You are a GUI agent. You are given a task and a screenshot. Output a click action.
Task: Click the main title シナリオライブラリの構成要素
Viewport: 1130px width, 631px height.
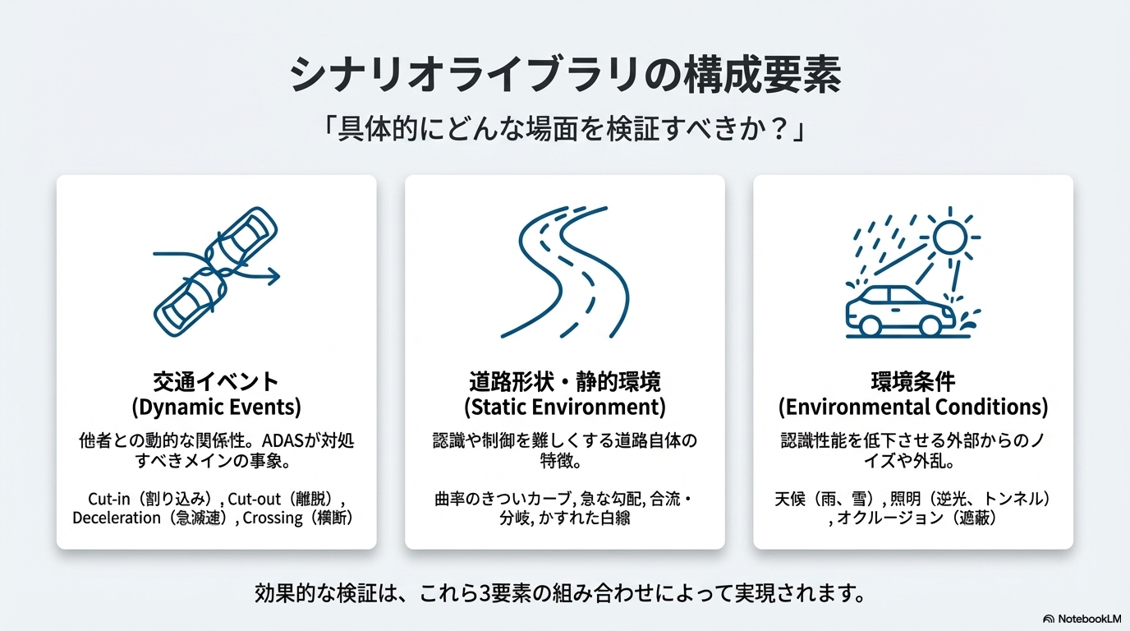(565, 75)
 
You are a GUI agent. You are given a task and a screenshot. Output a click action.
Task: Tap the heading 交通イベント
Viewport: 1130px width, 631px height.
(216, 381)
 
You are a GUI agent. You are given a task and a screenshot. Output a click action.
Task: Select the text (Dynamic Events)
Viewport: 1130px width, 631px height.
(217, 407)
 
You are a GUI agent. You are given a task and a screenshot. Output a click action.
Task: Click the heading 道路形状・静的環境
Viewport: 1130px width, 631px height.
(565, 381)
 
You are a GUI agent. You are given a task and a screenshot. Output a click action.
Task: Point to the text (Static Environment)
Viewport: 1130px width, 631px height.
(565, 407)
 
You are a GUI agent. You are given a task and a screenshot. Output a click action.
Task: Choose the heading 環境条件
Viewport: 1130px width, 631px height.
(913, 381)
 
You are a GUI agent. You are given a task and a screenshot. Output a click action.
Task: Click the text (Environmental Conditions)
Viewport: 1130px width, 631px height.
(913, 407)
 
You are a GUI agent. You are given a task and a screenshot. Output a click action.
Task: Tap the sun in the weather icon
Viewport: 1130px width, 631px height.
(950, 237)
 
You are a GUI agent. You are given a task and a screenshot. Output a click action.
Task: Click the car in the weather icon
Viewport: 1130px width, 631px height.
(900, 311)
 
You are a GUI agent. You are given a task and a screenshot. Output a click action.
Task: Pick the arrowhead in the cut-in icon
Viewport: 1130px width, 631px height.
(274, 276)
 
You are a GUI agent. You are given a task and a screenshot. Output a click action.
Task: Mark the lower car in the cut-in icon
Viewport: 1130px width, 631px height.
(190, 302)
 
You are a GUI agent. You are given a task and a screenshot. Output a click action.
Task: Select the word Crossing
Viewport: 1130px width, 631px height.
(273, 518)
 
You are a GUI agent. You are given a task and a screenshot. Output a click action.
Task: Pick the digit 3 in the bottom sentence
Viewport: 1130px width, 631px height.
(485, 593)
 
